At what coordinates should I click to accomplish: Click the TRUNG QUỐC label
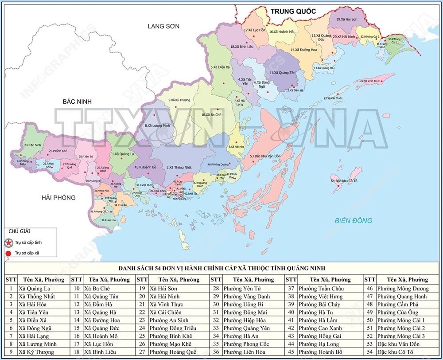click(x=293, y=12)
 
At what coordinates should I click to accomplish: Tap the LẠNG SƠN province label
click(x=163, y=26)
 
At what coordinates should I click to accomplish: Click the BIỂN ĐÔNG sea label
click(x=353, y=220)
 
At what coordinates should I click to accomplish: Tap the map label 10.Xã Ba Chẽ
click(x=211, y=115)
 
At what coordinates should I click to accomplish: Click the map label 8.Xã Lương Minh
click(x=157, y=125)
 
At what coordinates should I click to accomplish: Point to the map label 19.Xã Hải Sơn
click(x=347, y=20)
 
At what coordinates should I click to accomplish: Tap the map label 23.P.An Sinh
click(x=32, y=145)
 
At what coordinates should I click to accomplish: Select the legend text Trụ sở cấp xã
click(x=28, y=253)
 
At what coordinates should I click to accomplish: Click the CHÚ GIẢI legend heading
click(x=19, y=231)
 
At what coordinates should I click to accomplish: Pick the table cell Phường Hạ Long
click(x=319, y=344)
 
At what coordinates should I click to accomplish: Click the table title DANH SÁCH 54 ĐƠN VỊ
click(x=221, y=268)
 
